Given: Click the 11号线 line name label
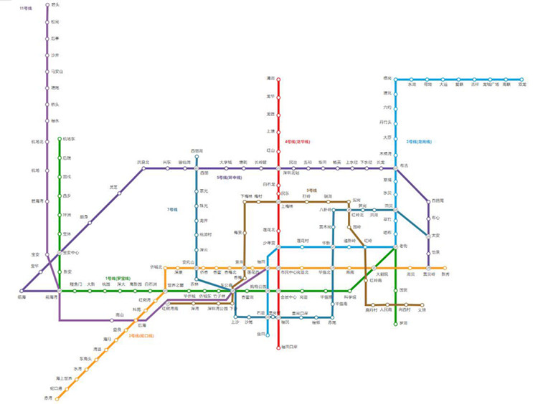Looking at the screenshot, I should click(27, 8).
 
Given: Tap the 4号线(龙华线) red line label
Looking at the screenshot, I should click(296, 142).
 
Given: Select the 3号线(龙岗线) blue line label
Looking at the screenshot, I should click(418, 142).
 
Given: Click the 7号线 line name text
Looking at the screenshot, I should click(172, 209).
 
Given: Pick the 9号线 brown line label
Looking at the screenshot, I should click(311, 191).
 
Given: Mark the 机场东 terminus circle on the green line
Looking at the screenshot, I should click(60, 139).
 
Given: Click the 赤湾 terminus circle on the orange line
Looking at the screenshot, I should click(57, 398).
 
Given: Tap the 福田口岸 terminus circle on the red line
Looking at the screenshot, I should click(278, 347).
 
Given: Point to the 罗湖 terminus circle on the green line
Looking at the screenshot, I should click(395, 323).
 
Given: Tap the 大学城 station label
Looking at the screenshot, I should click(226, 163).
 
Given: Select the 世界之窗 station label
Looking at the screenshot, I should click(176, 285).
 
